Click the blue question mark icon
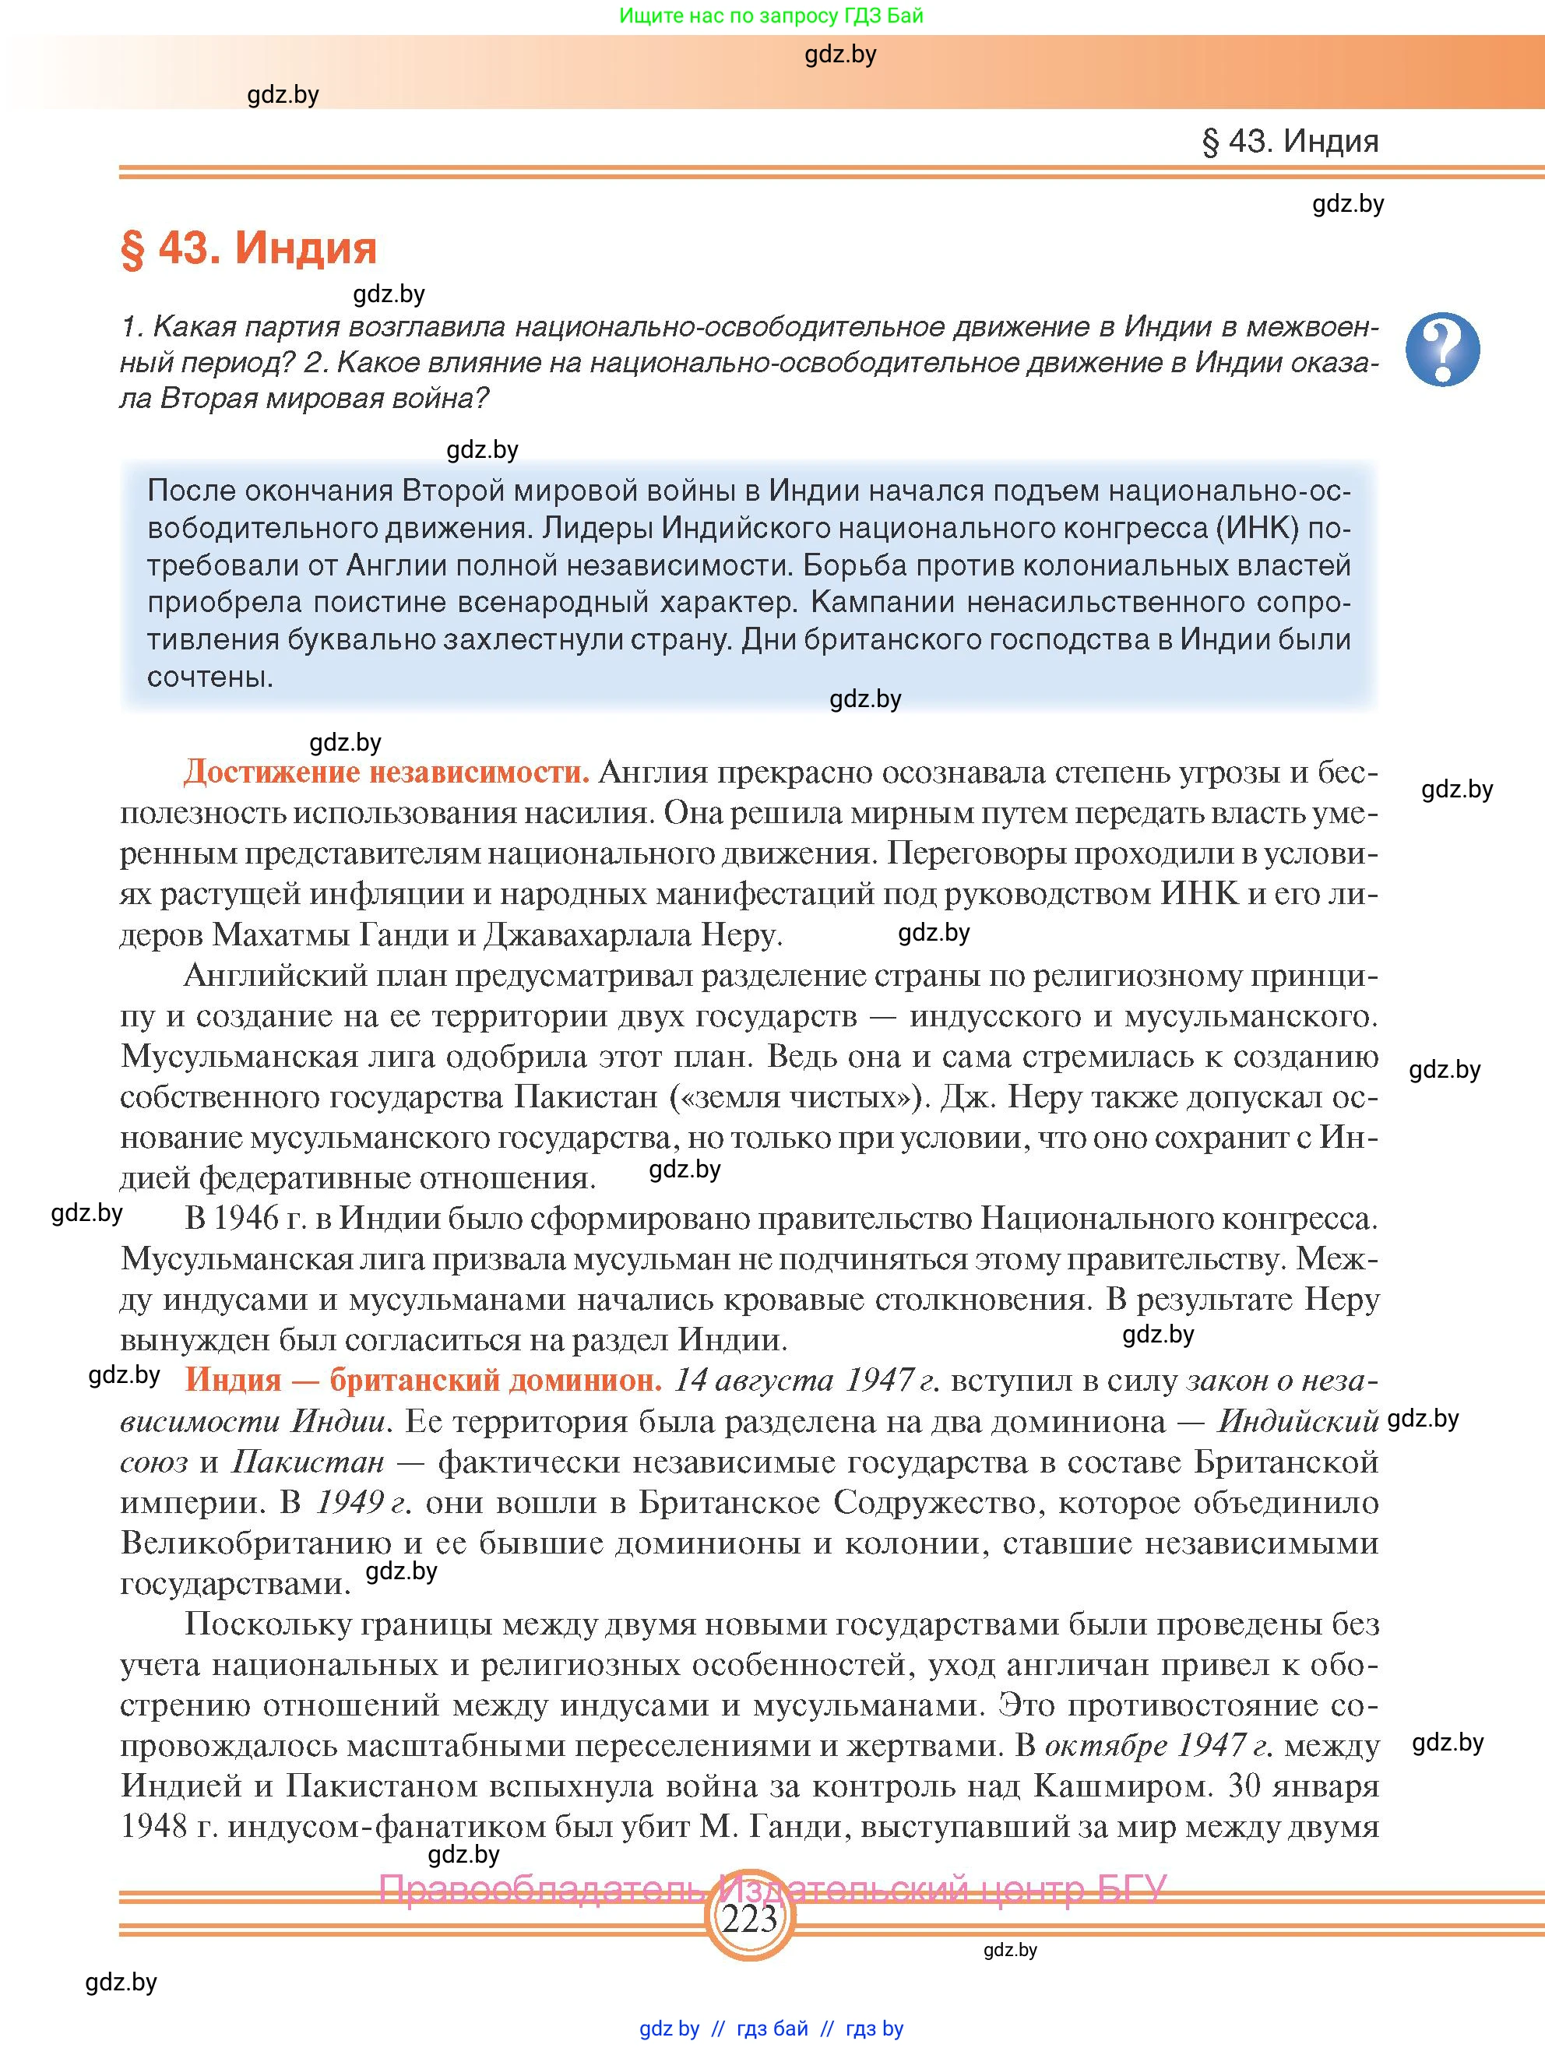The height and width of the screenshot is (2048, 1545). pos(1441,350)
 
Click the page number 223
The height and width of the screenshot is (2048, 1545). pos(749,1920)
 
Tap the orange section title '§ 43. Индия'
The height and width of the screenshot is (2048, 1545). pos(249,248)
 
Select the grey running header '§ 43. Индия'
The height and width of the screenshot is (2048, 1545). pos(1290,141)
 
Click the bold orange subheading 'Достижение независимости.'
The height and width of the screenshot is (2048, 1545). pos(386,771)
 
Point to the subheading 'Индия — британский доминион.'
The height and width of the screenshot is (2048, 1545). pos(423,1380)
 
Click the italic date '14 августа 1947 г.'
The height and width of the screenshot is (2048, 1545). pos(806,1380)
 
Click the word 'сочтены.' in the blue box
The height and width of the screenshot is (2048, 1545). pos(210,676)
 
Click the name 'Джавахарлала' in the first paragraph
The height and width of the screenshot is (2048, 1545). pos(587,934)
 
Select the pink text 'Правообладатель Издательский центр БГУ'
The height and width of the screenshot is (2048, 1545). pos(772,1888)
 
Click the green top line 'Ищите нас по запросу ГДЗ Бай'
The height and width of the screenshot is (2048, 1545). pos(771,16)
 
